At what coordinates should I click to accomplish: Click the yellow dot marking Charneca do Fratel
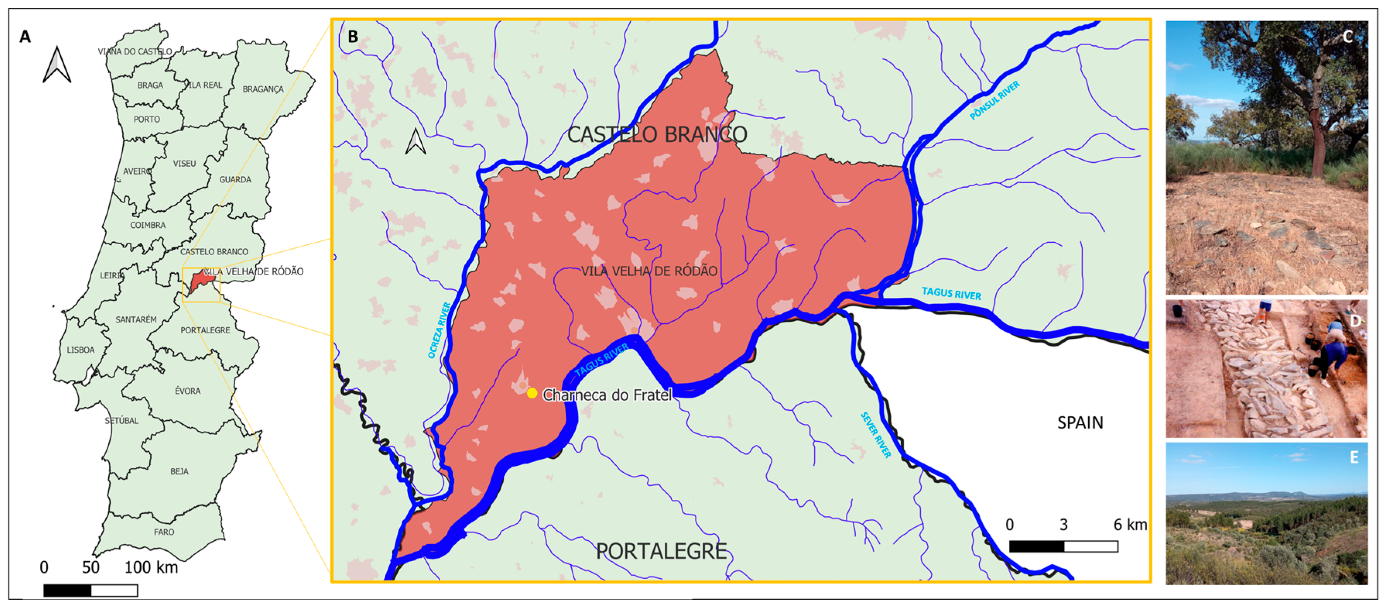point(532,393)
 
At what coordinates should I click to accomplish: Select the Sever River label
point(876,435)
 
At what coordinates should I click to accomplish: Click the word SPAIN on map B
point(1080,423)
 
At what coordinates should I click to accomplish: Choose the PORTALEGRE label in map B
point(661,552)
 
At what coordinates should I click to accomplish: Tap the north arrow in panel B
point(415,142)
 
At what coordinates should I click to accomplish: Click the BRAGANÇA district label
point(263,89)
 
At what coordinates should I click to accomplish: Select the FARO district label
point(164,532)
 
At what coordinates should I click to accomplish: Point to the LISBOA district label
point(81,350)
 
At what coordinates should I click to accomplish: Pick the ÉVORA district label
point(187,391)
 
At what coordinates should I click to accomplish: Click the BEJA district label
point(179,471)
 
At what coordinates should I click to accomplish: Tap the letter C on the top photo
point(1348,37)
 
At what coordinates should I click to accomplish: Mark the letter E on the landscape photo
point(1354,458)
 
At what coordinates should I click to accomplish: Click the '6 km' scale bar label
point(1130,525)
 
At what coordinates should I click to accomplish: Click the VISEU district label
point(184,163)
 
